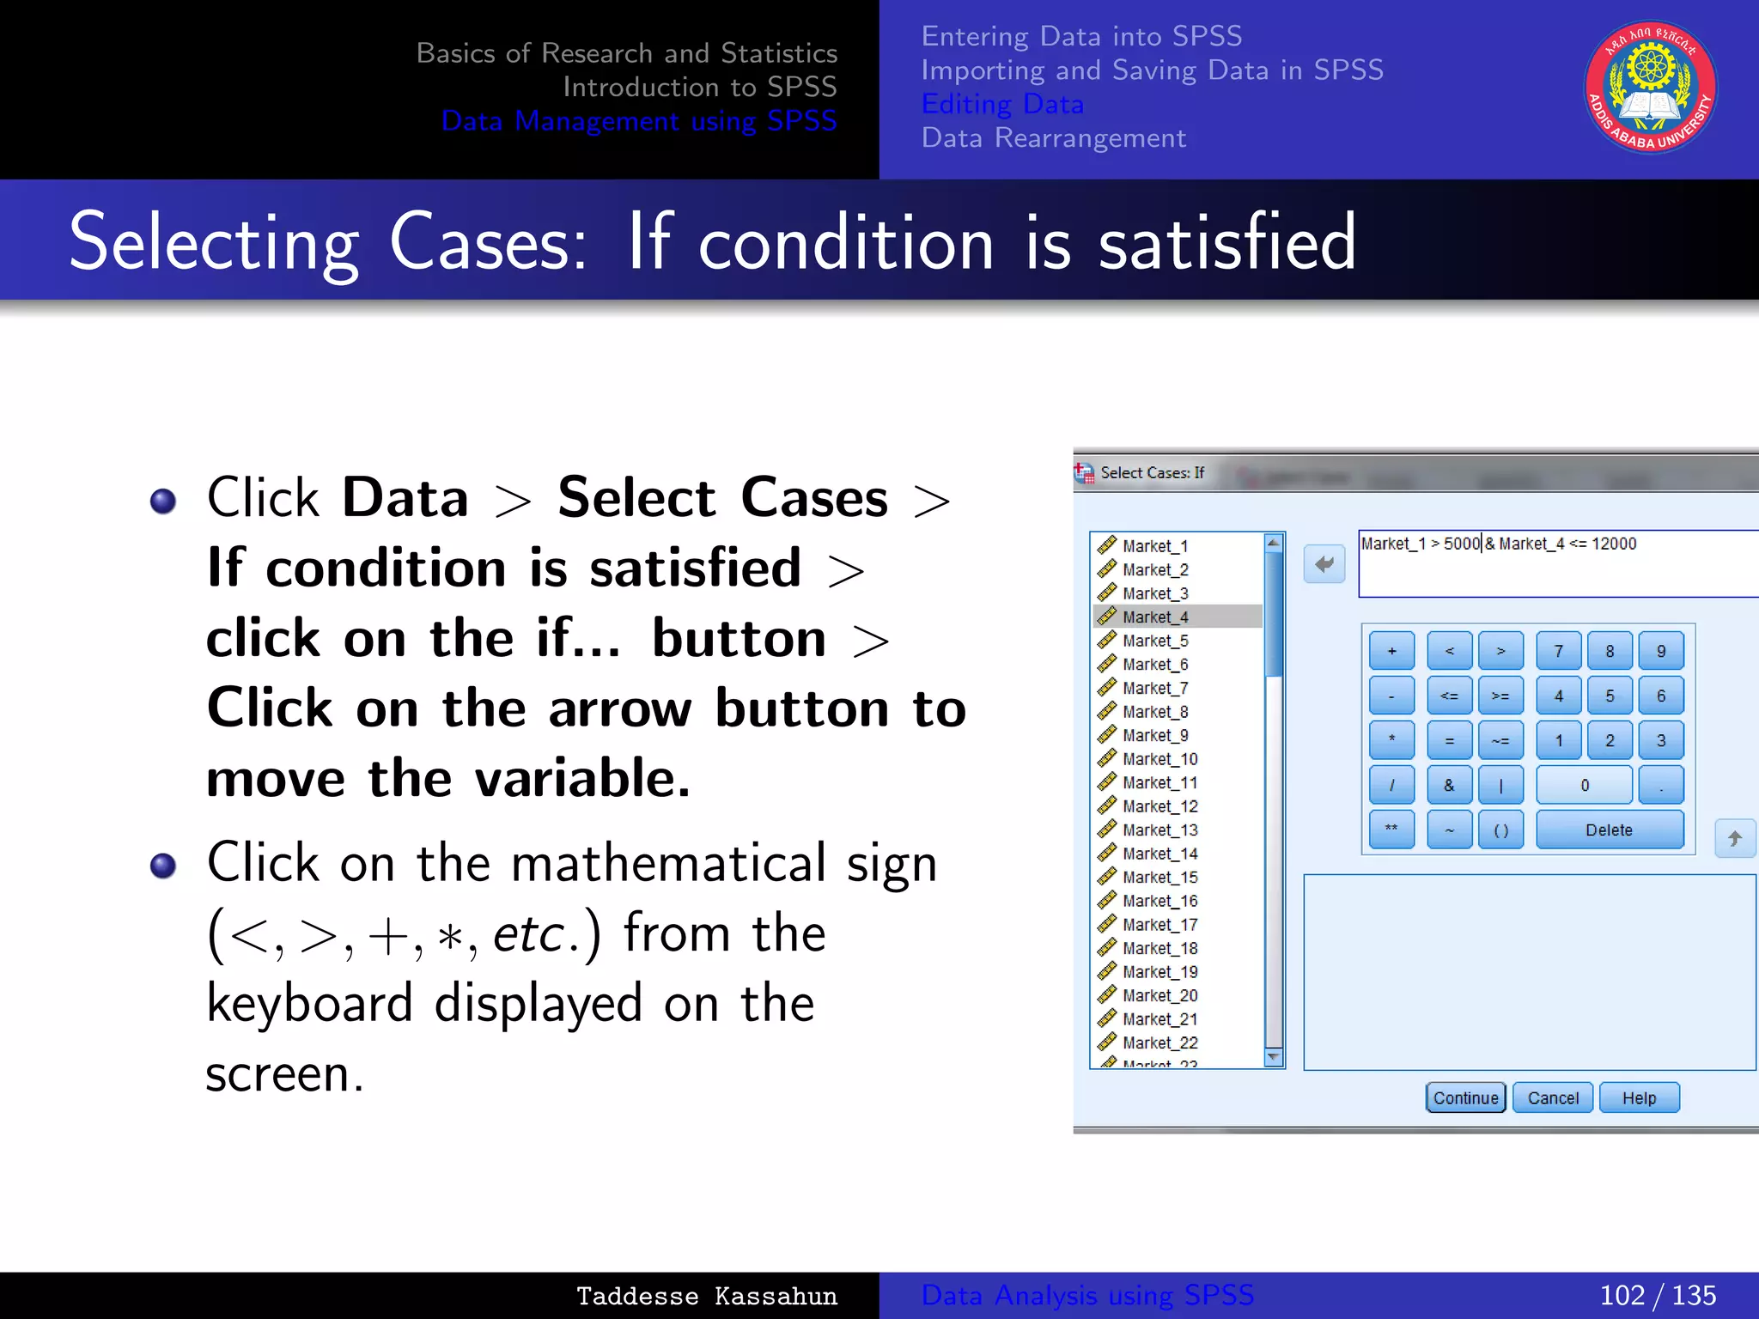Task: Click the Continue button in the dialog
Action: tap(1465, 1097)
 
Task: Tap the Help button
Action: tap(1639, 1097)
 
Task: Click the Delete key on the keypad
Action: tap(1609, 830)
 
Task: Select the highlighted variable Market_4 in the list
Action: tap(1155, 617)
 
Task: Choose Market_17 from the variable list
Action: tap(1159, 925)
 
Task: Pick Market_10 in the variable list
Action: tap(1159, 759)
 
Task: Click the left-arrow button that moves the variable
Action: tap(1324, 564)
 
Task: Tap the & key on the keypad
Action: tap(1449, 785)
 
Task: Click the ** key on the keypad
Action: tap(1391, 830)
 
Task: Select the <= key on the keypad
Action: tap(1449, 696)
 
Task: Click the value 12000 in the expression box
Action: tap(1614, 544)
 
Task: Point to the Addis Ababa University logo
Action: tap(1650, 88)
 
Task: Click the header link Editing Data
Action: tap(1002, 104)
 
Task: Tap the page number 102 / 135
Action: tap(1657, 1295)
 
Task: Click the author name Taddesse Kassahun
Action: tap(706, 1296)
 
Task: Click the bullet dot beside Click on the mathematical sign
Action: tap(163, 866)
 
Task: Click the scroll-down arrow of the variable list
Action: tap(1274, 1057)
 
